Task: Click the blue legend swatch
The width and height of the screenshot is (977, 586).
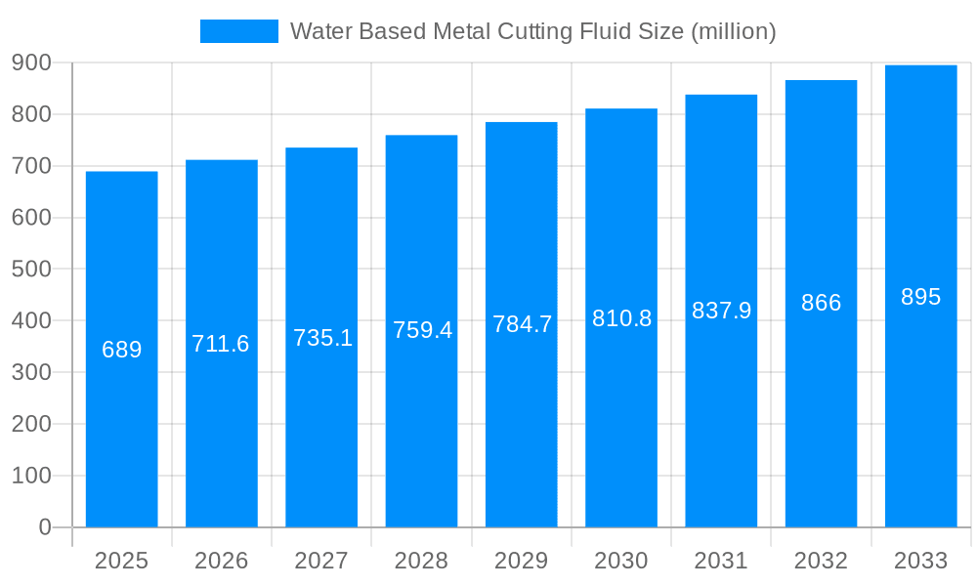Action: click(x=238, y=31)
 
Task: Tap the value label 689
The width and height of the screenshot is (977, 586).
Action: click(x=122, y=350)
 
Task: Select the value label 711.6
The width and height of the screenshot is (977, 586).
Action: click(x=221, y=344)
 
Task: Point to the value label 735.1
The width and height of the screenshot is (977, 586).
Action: click(x=322, y=338)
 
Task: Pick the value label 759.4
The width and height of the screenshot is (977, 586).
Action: click(x=422, y=330)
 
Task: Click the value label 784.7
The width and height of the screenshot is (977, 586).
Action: click(x=522, y=324)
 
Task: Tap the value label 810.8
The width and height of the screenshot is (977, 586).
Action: click(x=621, y=318)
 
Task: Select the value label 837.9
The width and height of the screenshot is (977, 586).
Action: click(x=721, y=311)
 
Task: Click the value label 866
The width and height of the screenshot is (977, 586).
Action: click(x=821, y=303)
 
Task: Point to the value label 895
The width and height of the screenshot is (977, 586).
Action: click(x=920, y=297)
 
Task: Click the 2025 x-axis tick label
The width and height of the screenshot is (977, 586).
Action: click(x=122, y=561)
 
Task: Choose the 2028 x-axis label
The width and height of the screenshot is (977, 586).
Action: click(x=422, y=561)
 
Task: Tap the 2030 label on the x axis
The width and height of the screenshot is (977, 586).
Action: click(x=621, y=561)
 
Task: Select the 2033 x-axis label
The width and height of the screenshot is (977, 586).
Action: click(x=920, y=561)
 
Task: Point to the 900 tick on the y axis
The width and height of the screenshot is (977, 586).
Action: click(x=31, y=63)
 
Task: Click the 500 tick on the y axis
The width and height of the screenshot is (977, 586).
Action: click(x=31, y=270)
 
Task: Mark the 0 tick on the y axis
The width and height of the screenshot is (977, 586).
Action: click(x=45, y=527)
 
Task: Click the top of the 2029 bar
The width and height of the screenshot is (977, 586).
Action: click(x=522, y=123)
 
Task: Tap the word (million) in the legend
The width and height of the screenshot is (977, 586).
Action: click(x=733, y=32)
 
